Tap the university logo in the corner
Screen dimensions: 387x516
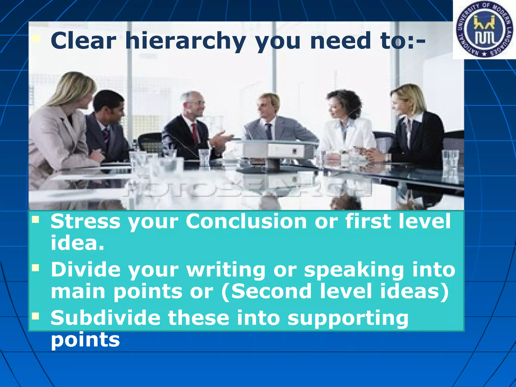(484, 30)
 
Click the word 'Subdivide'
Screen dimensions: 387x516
(106, 318)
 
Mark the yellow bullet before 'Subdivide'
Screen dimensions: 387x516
(36, 316)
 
